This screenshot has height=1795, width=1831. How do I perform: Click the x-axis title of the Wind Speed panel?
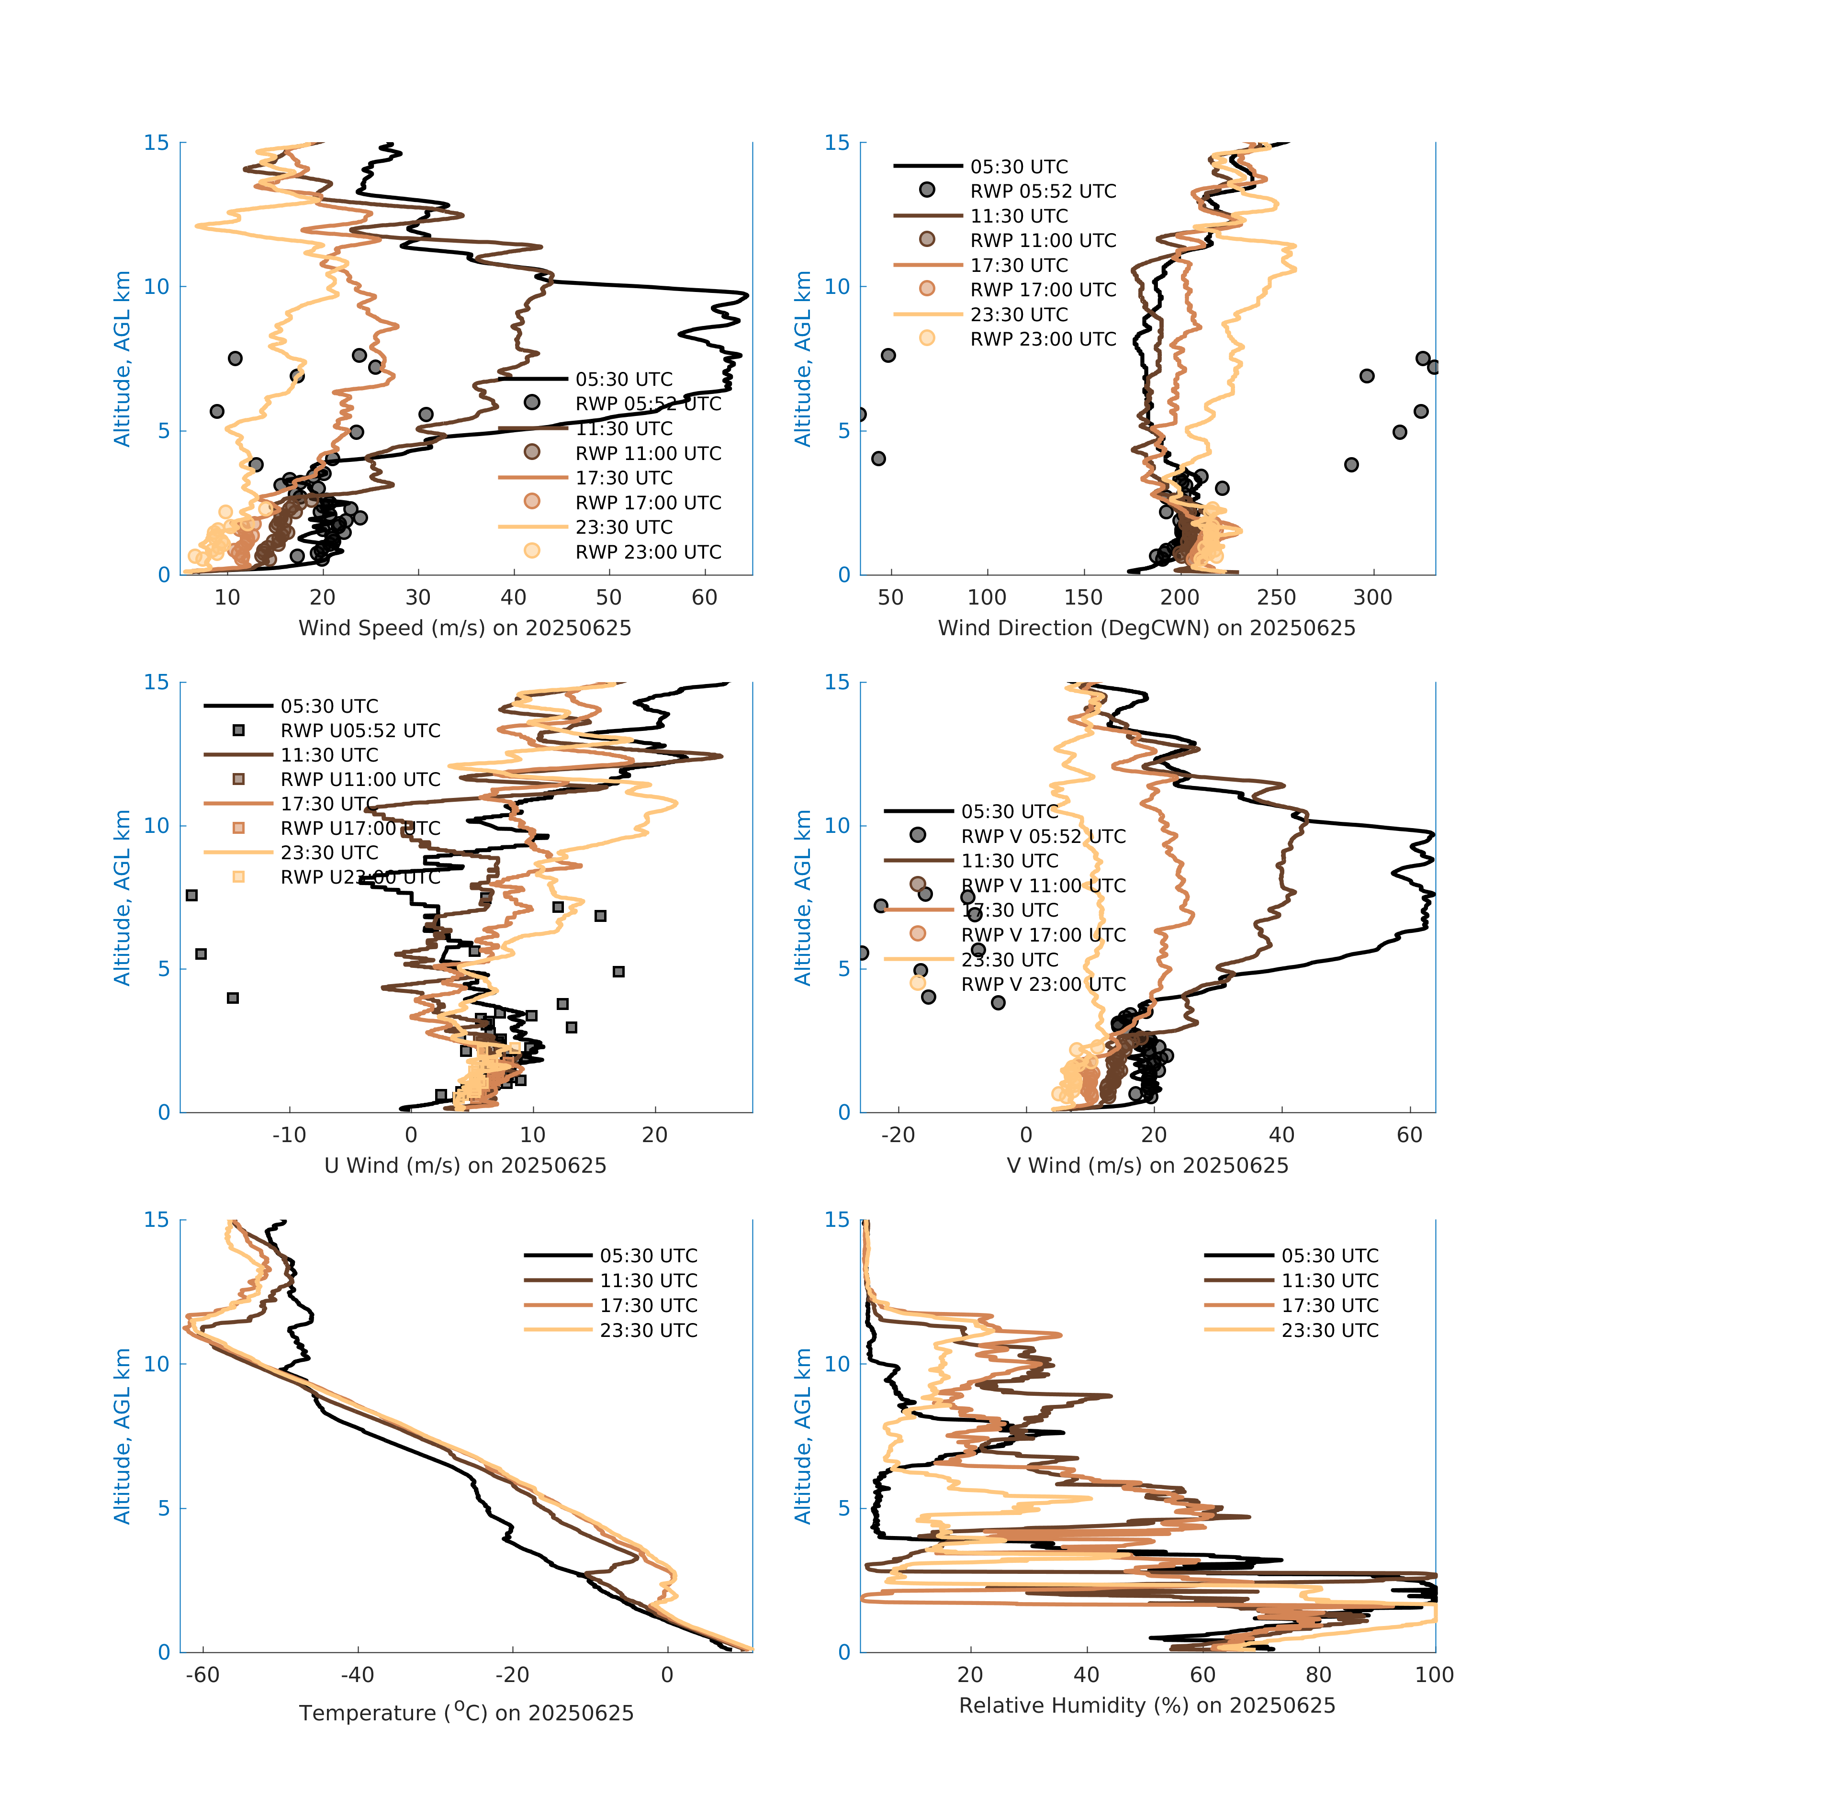pos(465,628)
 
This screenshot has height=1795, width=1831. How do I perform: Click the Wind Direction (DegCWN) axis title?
pos(1146,628)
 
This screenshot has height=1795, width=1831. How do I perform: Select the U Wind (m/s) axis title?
pos(465,1165)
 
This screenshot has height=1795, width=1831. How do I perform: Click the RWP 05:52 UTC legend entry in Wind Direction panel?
pos(1043,191)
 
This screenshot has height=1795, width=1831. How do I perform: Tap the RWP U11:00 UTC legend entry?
pos(360,780)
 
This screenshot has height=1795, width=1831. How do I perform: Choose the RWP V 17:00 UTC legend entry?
pos(1043,935)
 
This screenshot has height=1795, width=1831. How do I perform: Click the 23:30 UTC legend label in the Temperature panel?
pos(649,1330)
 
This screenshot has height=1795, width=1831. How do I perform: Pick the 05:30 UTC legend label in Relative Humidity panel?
pos(1329,1256)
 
